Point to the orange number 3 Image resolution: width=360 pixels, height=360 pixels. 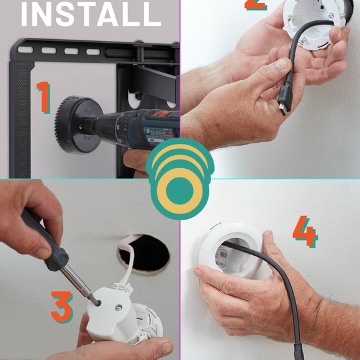[x=61, y=307]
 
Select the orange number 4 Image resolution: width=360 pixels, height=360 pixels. [x=305, y=233]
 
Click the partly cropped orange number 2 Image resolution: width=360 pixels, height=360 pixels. [x=255, y=5]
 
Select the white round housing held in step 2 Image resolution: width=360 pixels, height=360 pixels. [x=313, y=19]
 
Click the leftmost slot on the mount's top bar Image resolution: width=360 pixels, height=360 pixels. [x=25, y=49]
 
